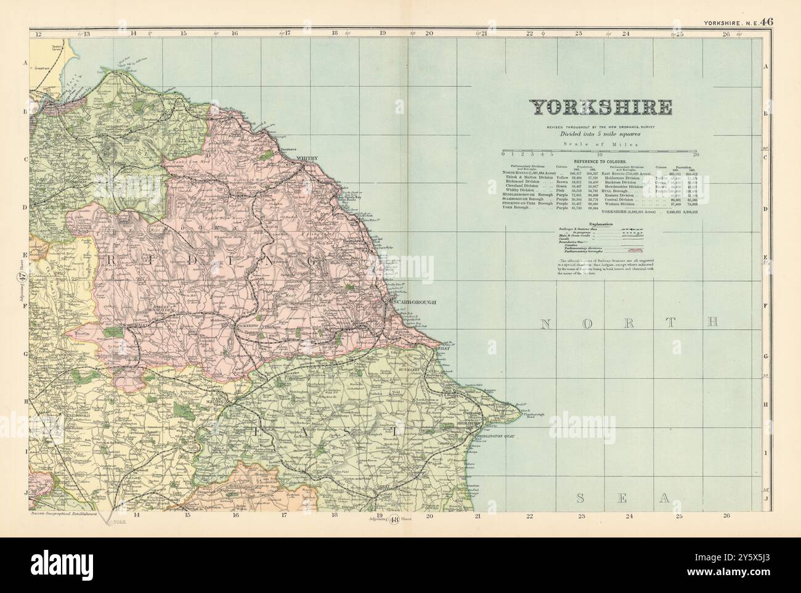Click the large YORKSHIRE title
[601, 108]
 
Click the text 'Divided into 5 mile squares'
[600, 134]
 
